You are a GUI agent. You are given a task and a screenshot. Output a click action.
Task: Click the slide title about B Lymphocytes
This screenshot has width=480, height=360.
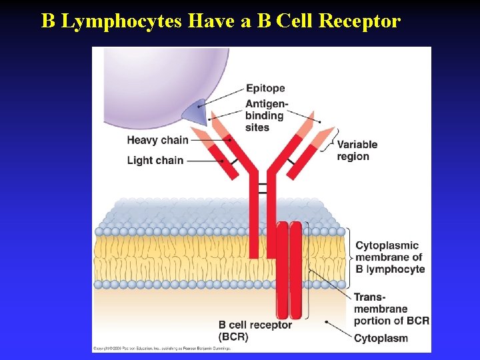pyautogui.click(x=221, y=21)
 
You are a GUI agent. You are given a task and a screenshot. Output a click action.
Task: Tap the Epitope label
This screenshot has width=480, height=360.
pyautogui.click(x=265, y=88)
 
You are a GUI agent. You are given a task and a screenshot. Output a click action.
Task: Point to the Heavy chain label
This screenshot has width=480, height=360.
pyautogui.click(x=157, y=140)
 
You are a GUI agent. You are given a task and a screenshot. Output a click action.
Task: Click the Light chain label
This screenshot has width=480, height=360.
pyautogui.click(x=155, y=160)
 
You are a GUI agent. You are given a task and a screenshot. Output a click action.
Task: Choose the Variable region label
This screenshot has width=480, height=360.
pyautogui.click(x=357, y=150)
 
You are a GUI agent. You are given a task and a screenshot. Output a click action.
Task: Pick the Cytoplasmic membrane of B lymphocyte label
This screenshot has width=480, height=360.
pyautogui.click(x=389, y=257)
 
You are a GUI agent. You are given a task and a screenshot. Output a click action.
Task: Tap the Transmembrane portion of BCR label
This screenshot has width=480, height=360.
pyautogui.click(x=391, y=309)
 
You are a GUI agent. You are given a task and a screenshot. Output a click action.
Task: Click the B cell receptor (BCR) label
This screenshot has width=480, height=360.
pyautogui.click(x=255, y=331)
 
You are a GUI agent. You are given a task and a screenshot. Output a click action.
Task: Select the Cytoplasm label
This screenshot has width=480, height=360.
pyautogui.click(x=381, y=338)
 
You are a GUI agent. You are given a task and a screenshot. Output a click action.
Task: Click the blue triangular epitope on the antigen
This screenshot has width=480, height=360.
pyautogui.click(x=194, y=112)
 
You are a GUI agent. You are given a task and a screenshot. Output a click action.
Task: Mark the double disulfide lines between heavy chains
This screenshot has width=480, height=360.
pyautogui.click(x=261, y=188)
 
